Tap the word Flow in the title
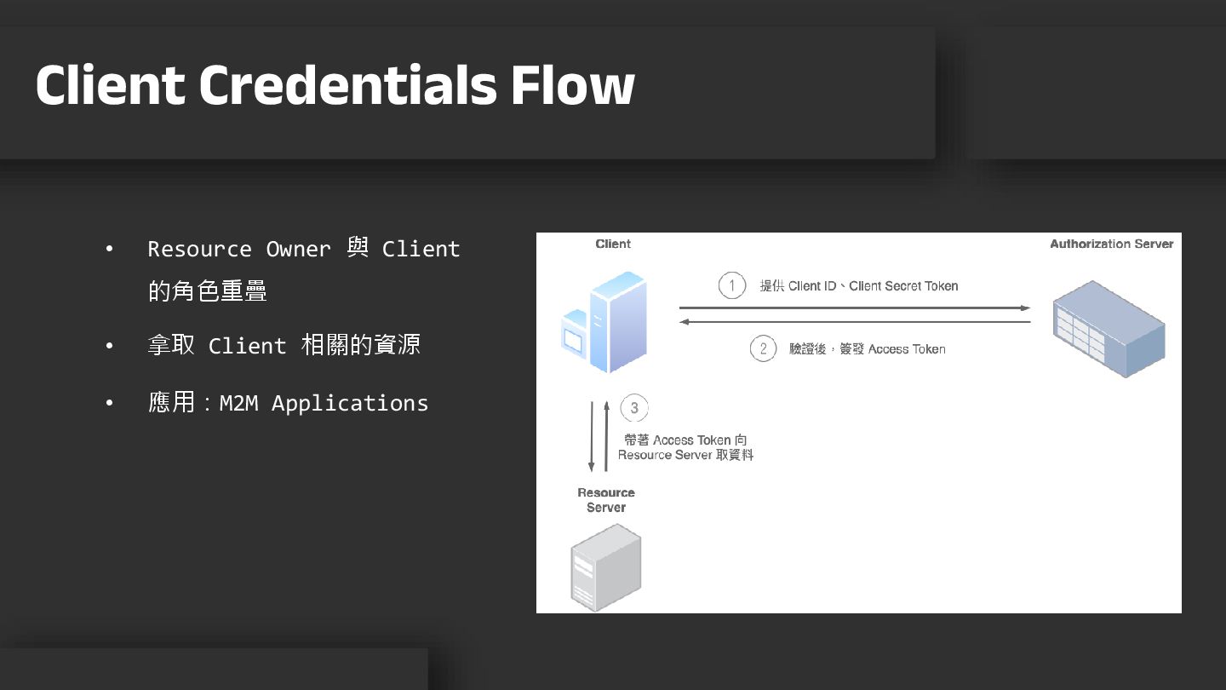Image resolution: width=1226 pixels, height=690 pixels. pyautogui.click(x=572, y=84)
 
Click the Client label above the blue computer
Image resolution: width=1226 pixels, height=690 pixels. pyautogui.click(x=613, y=244)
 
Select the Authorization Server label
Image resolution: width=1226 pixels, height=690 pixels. pyautogui.click(x=1111, y=244)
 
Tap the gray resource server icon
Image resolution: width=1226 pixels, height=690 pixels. pyautogui.click(x=605, y=566)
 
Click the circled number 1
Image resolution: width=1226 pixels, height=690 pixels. pyautogui.click(x=732, y=285)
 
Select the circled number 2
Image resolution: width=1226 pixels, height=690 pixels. pyautogui.click(x=763, y=348)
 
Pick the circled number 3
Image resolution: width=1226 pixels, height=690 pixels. pyautogui.click(x=634, y=408)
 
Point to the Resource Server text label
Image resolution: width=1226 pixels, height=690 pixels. pyautogui.click(x=606, y=500)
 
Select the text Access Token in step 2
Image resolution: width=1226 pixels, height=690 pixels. pyautogui.click(x=907, y=349)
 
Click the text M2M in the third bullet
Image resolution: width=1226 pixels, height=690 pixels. pyautogui.click(x=238, y=403)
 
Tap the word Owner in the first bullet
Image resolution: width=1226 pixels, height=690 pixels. pyautogui.click(x=298, y=249)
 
